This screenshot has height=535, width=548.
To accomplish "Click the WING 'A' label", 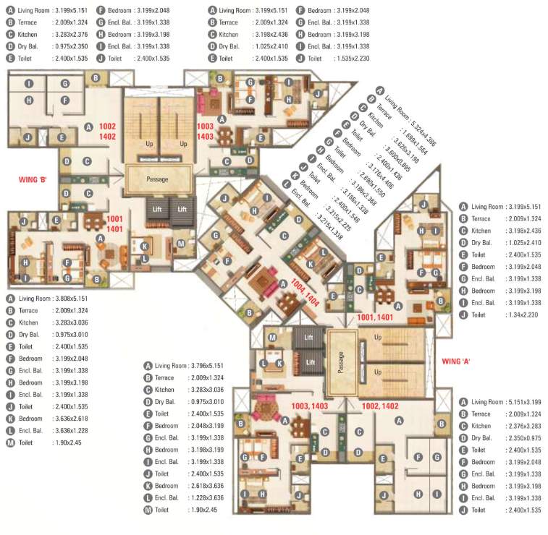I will click(x=456, y=359).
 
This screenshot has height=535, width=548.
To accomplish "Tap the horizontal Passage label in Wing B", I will click(x=157, y=179).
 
